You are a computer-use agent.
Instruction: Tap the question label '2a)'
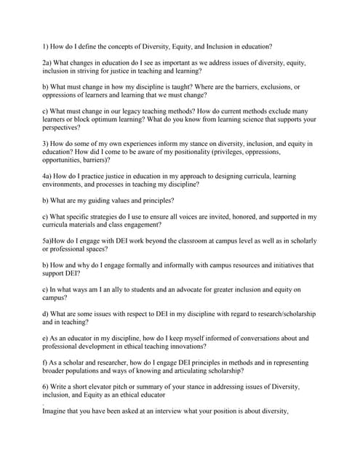coord(48,63)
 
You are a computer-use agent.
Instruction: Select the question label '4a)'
coord(48,176)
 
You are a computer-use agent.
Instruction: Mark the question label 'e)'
coord(46,339)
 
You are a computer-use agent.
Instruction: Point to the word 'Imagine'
coord(56,411)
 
